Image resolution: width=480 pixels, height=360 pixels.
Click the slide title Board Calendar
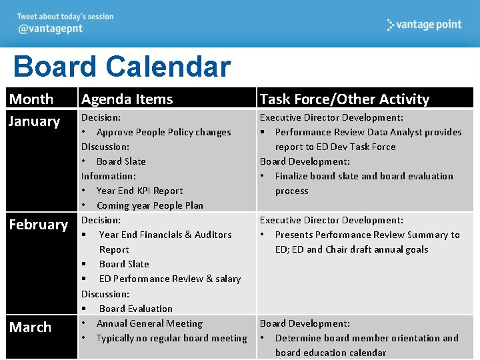point(121,67)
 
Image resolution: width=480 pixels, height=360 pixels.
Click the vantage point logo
point(424,25)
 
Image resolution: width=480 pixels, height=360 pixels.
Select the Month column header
point(31,99)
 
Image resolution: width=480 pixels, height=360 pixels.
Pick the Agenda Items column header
point(127,99)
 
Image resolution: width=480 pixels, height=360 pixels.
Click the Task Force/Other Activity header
point(344,99)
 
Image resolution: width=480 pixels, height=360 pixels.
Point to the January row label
point(34,121)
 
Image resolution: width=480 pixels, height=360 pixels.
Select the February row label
point(38,225)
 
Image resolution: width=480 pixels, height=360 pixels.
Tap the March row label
point(30,327)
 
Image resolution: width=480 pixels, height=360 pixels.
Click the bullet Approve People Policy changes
point(163,132)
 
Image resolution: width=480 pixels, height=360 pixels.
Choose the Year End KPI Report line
point(139,191)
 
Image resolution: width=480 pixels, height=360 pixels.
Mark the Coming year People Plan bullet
point(149,205)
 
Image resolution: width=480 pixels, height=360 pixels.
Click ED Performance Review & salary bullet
point(169,279)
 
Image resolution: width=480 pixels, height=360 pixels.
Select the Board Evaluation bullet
point(135,309)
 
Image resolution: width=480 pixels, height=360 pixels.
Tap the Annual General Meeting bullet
point(149,323)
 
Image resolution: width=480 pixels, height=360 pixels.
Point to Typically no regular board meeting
point(171,338)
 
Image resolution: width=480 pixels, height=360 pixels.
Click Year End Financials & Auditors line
point(165,235)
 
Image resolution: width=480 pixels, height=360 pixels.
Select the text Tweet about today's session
point(65,17)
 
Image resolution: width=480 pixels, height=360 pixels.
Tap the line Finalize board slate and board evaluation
point(363,176)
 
